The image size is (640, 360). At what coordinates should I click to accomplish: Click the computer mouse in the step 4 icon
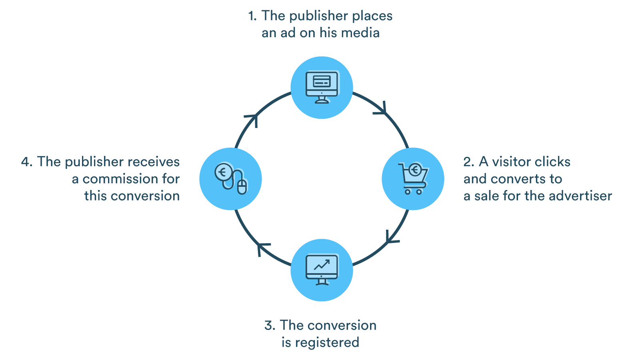(x=242, y=186)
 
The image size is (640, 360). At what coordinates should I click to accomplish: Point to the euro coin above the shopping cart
(x=415, y=170)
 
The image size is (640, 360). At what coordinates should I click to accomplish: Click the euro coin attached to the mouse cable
(x=223, y=172)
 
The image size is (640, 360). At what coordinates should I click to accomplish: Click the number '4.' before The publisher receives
(x=27, y=162)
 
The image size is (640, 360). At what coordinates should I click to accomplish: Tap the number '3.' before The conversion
(x=270, y=326)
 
